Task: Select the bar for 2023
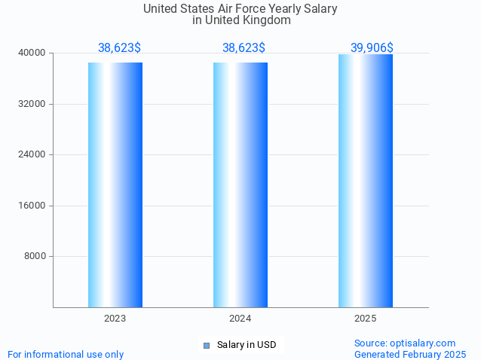click(115, 185)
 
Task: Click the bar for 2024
click(240, 185)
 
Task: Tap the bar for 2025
click(366, 181)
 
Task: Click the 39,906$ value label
click(372, 47)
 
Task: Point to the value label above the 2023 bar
click(119, 47)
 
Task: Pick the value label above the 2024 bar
click(244, 47)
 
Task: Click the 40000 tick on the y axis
click(32, 53)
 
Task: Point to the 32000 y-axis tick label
click(32, 104)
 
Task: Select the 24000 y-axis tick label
click(32, 154)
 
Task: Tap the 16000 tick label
click(32, 206)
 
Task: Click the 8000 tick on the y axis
click(35, 256)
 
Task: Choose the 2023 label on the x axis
click(115, 319)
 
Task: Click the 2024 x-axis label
click(240, 319)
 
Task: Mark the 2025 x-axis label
click(366, 319)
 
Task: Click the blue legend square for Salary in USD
click(206, 345)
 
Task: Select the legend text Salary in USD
click(247, 345)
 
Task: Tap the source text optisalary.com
click(426, 343)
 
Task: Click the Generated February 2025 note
click(410, 354)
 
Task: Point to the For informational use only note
click(66, 354)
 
